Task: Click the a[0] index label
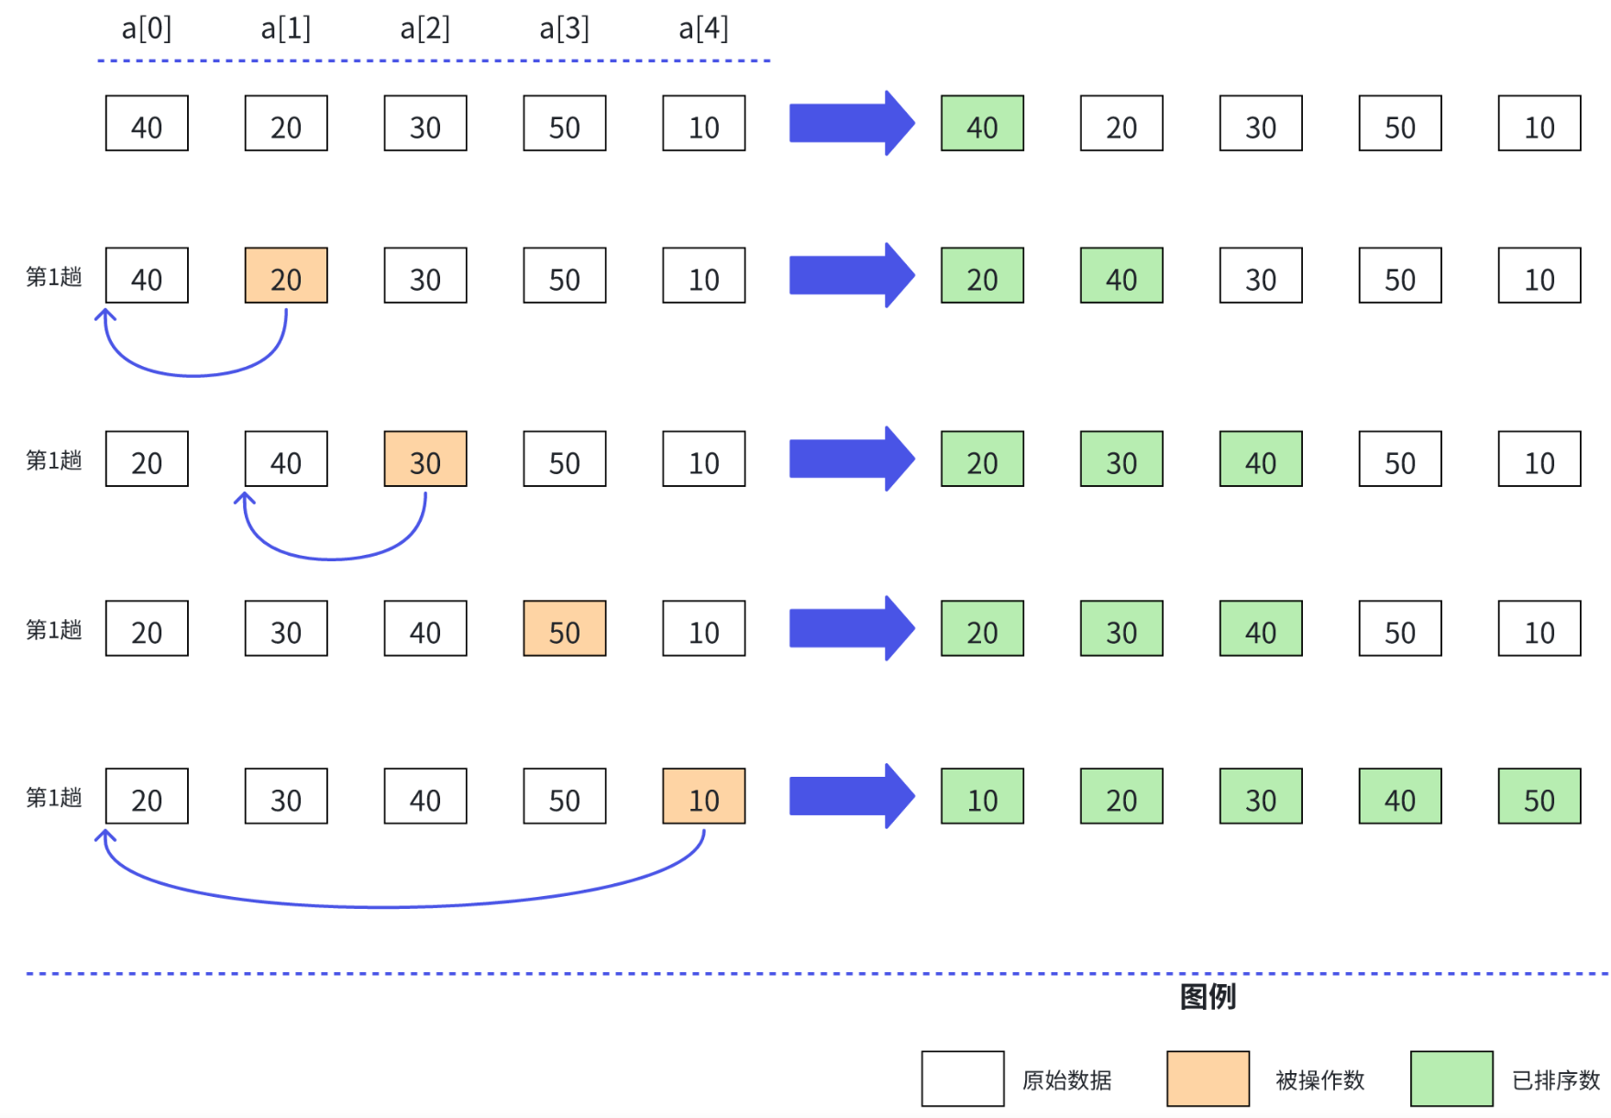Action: [x=147, y=29]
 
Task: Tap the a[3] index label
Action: [x=564, y=29]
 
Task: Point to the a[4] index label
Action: [x=703, y=29]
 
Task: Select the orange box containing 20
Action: [x=286, y=276]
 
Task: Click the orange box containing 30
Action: [x=425, y=459]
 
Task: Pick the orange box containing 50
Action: [x=565, y=629]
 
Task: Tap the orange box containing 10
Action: [x=704, y=797]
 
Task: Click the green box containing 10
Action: [x=982, y=797]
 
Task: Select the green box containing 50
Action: [x=1539, y=797]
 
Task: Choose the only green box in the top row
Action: [x=982, y=124]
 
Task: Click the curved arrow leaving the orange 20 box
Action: [x=194, y=374]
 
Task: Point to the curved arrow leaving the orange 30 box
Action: [x=334, y=558]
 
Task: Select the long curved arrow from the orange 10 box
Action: [x=394, y=906]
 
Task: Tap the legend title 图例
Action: [x=1208, y=997]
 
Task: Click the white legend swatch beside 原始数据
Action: [x=963, y=1079]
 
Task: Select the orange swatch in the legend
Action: [x=1208, y=1079]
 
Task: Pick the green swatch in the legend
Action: [x=1451, y=1079]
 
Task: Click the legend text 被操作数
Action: [x=1319, y=1080]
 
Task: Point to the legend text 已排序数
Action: [x=1556, y=1080]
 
